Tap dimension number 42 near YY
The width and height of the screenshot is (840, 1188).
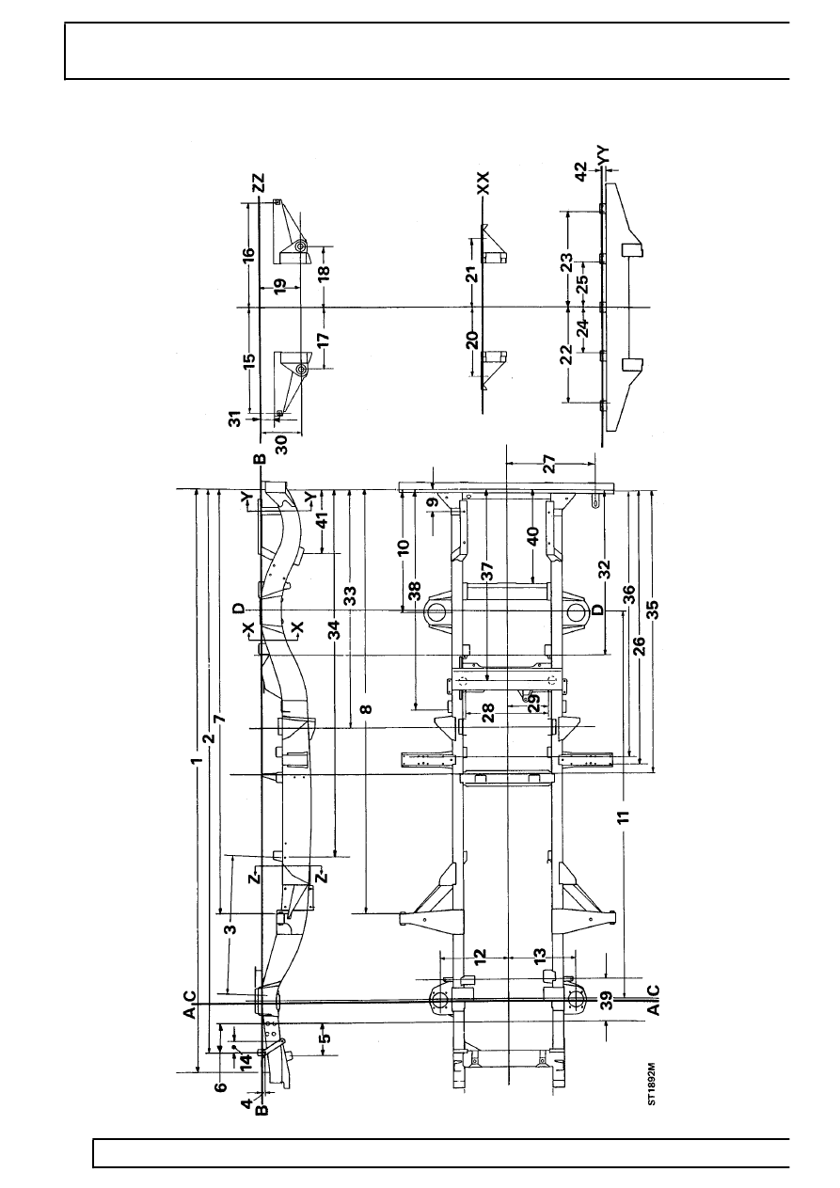click(x=581, y=172)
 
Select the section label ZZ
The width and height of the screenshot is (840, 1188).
click(x=259, y=183)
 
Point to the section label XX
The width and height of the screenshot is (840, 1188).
click(x=483, y=182)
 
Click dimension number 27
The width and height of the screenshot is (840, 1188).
click(x=548, y=464)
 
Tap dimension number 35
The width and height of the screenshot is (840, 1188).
click(x=653, y=609)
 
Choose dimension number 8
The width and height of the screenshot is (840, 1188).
click(x=366, y=708)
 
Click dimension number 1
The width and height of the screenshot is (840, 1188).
click(x=198, y=761)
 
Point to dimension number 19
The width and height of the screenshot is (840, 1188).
click(x=280, y=286)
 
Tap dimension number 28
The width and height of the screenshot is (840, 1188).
click(x=488, y=712)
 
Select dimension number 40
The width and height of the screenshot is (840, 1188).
click(x=533, y=535)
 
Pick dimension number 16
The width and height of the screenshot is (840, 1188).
click(x=248, y=254)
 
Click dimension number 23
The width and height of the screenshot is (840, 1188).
click(x=567, y=263)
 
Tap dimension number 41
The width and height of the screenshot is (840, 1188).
click(x=322, y=519)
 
